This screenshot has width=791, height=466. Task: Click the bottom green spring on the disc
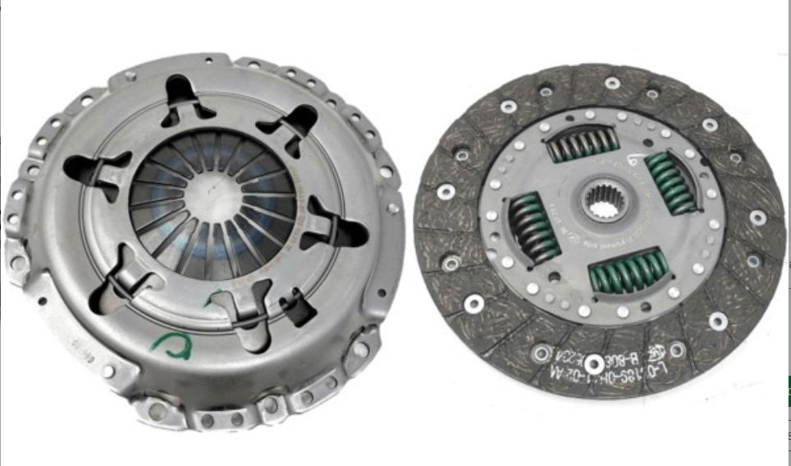coord(629,271)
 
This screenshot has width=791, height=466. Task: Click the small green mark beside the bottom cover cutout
coord(215,295)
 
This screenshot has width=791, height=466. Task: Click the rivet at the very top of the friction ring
coord(611,83)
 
